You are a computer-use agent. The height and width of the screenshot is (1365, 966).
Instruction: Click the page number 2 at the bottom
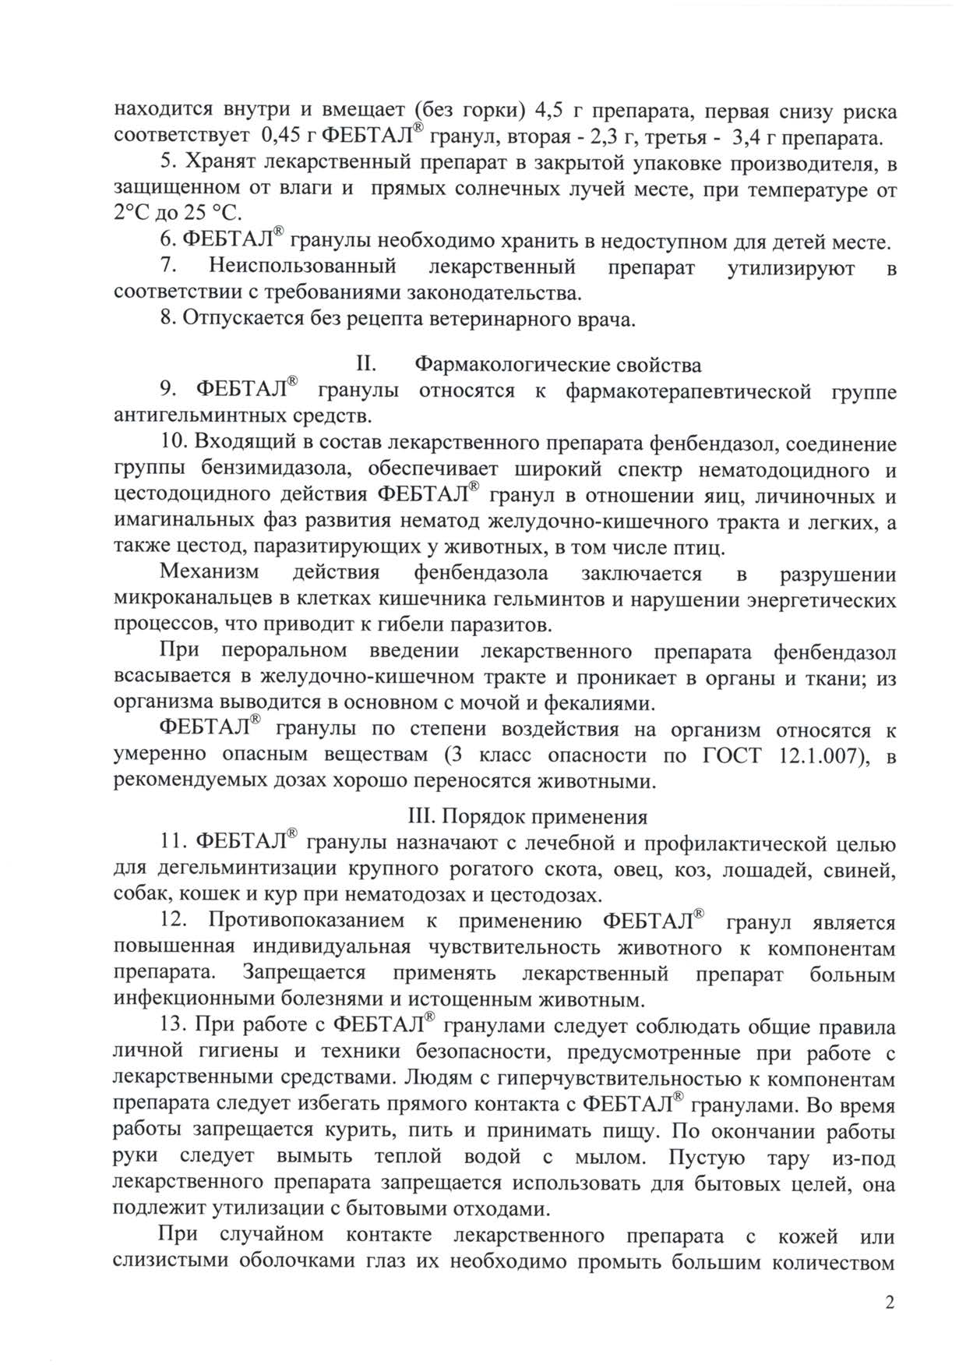pyautogui.click(x=890, y=1303)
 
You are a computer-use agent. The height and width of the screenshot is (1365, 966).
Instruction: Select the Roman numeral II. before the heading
pyautogui.click(x=366, y=365)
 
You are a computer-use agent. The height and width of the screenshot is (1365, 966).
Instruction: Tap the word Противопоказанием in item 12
pyautogui.click(x=307, y=922)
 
